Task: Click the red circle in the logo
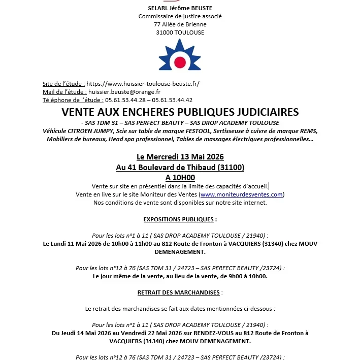point(180,62)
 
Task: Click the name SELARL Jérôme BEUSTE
point(180,8)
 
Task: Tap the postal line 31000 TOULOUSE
point(180,32)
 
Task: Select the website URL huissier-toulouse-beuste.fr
point(143,84)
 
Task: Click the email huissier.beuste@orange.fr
point(124,92)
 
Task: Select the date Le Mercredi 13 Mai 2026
point(180,156)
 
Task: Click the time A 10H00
point(180,178)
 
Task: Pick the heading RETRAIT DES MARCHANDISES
point(179,292)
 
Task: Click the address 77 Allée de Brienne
point(180,24)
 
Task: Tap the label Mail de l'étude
point(64,92)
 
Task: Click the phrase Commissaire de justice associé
point(180,16)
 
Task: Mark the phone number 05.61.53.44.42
point(171,100)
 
